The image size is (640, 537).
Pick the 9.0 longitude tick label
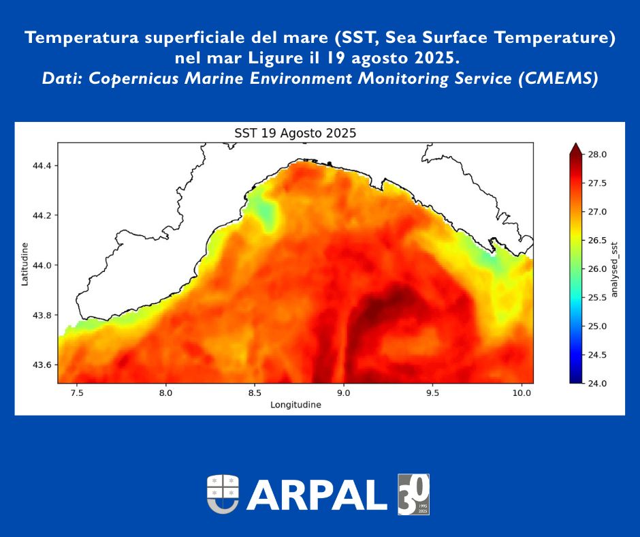(x=344, y=393)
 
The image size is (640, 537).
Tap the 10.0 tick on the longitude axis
(x=522, y=393)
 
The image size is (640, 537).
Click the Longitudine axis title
(x=295, y=405)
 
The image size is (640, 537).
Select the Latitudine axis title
(x=25, y=264)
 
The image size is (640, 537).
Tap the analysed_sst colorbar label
(x=614, y=268)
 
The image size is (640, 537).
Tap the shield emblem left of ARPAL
(x=223, y=494)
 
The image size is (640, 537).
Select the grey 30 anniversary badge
(x=413, y=494)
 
